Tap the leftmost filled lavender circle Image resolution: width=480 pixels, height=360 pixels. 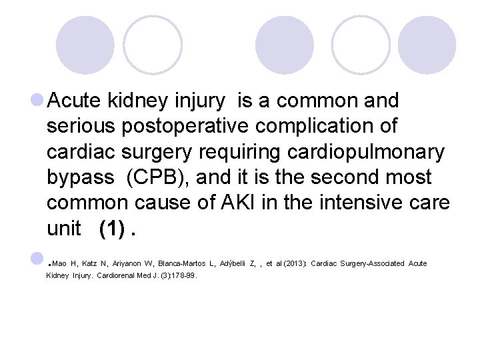click(x=85, y=45)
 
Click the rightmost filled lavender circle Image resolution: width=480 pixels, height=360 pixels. click(x=427, y=45)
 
